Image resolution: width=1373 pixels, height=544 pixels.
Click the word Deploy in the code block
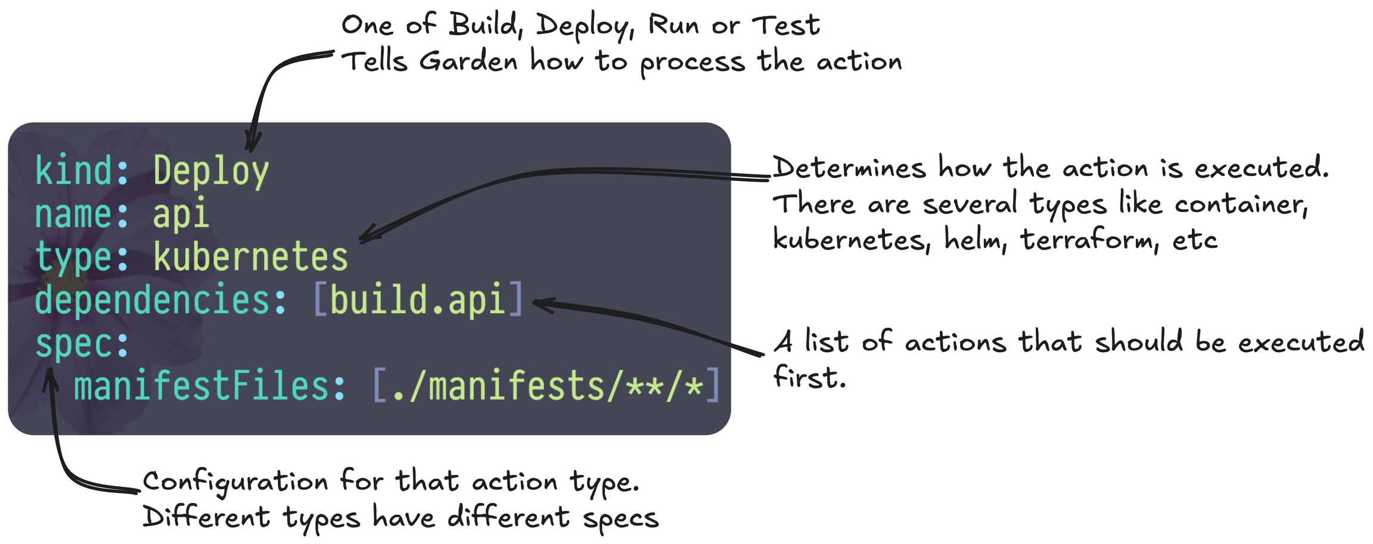[x=211, y=172]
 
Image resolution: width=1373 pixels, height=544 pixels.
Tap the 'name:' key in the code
[x=82, y=214]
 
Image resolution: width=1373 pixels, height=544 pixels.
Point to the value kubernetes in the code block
[x=251, y=256]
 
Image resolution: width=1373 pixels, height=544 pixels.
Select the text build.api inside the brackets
[x=418, y=299]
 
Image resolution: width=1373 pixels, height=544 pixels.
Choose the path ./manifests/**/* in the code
[x=547, y=386]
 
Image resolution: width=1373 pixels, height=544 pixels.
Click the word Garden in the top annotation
[x=468, y=61]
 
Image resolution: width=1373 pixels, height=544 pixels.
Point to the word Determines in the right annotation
[x=849, y=167]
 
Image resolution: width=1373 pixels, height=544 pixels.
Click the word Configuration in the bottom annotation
[x=235, y=482]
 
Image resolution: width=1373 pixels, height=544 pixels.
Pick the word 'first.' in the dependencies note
[x=809, y=377]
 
